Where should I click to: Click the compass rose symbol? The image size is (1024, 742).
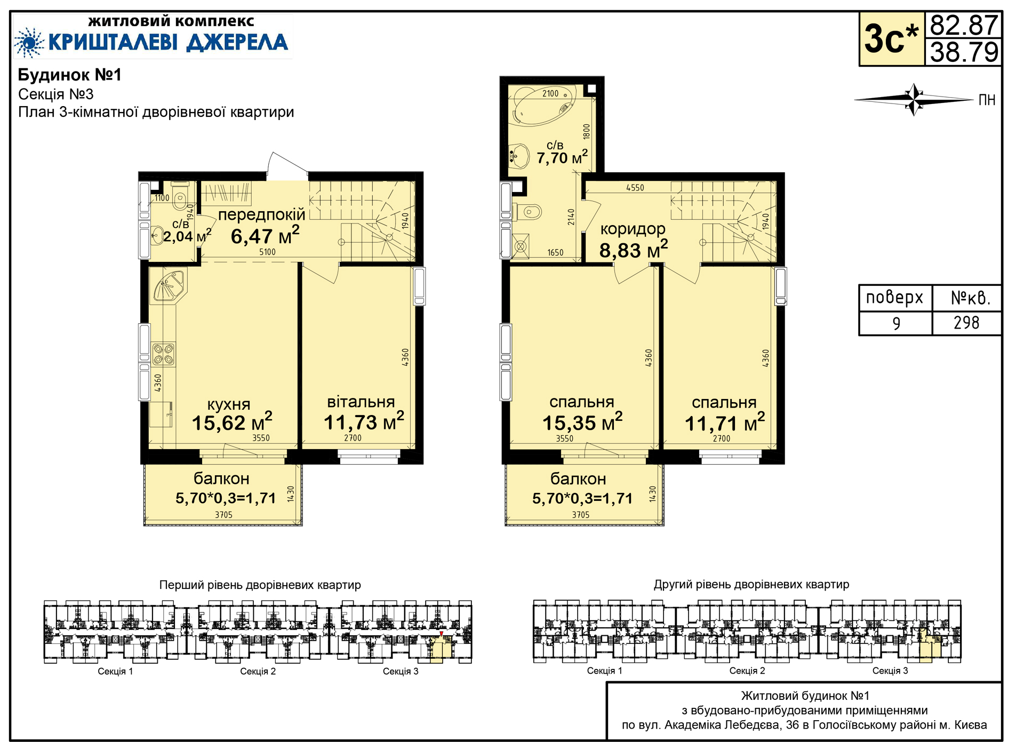(x=914, y=99)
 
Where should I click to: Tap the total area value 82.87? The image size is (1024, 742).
(x=963, y=25)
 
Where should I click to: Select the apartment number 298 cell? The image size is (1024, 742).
(x=966, y=323)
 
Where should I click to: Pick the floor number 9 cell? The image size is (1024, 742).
(x=896, y=323)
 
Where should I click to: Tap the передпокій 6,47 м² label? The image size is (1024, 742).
(x=262, y=226)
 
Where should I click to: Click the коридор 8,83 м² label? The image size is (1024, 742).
(x=633, y=240)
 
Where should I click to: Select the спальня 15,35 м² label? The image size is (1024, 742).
(x=582, y=413)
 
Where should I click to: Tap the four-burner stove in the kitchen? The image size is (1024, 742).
(x=163, y=354)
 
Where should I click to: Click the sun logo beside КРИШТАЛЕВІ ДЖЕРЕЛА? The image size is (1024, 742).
(x=29, y=42)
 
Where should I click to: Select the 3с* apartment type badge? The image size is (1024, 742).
(x=892, y=39)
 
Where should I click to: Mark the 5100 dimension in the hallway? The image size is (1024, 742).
(x=267, y=252)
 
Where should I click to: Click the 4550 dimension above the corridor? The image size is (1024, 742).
(x=635, y=188)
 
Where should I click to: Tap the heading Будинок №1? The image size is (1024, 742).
(x=70, y=75)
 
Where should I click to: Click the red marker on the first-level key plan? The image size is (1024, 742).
(x=441, y=633)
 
